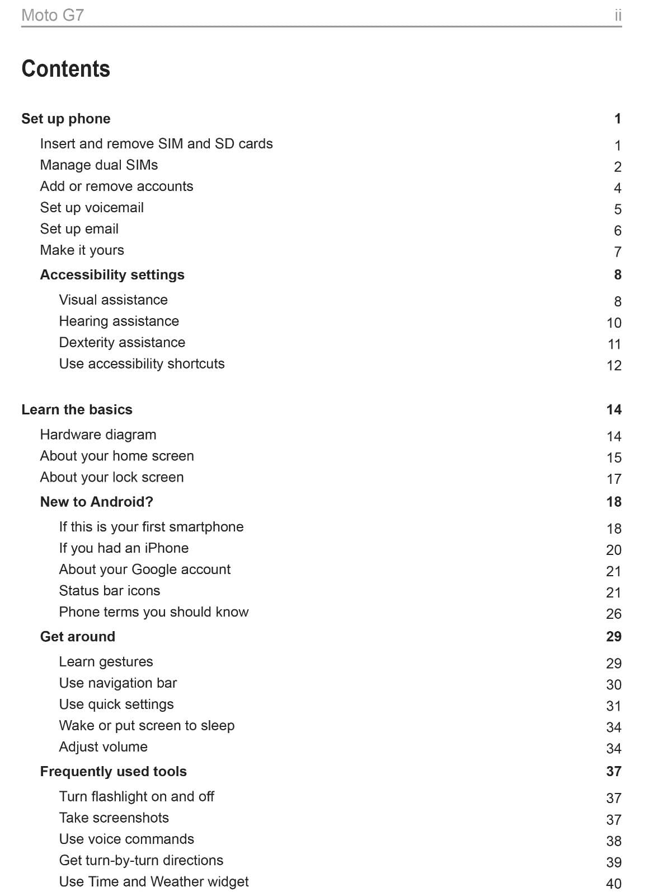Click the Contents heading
[65, 69]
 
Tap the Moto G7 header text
[53, 15]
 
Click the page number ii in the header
[618, 15]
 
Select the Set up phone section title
[66, 119]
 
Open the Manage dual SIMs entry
[99, 165]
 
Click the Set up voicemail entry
[92, 208]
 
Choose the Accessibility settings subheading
[112, 275]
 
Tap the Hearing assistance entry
[119, 321]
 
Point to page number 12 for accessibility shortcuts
[614, 366]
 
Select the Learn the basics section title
[77, 410]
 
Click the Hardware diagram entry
[98, 435]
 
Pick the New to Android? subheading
[96, 502]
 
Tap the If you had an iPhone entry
[124, 548]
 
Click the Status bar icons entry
[110, 591]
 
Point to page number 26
[614, 614]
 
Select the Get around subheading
[77, 637]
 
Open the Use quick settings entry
[116, 704]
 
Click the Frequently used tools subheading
[113, 772]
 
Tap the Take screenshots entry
[114, 818]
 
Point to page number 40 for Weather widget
[614, 884]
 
